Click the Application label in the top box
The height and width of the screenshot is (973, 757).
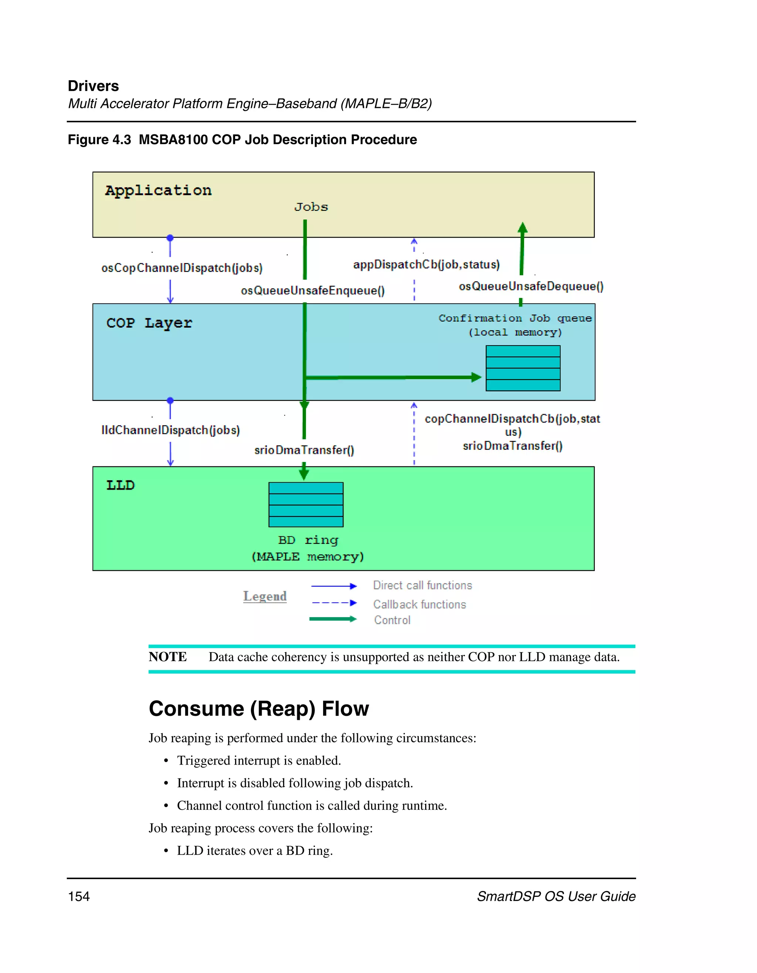158,190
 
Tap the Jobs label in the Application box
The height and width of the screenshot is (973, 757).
311,207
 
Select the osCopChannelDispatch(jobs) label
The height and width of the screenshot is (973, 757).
182,268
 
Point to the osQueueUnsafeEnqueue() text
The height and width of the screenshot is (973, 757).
313,290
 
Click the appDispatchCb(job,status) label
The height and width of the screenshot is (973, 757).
427,265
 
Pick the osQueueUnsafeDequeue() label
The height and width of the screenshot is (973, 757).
531,286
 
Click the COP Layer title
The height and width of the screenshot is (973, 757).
149,323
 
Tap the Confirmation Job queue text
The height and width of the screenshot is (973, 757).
515,318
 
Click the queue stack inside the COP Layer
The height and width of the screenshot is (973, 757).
523,368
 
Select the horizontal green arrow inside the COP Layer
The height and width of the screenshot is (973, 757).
392,377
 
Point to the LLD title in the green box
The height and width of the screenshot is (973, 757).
120,485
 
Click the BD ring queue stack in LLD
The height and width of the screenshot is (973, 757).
306,504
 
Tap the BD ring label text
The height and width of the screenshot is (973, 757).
308,540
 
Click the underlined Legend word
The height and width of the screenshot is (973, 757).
265,596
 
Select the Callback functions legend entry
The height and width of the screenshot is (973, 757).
419,604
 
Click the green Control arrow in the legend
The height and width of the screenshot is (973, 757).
332,619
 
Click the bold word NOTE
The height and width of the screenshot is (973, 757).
167,657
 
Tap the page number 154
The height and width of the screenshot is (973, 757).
79,897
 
